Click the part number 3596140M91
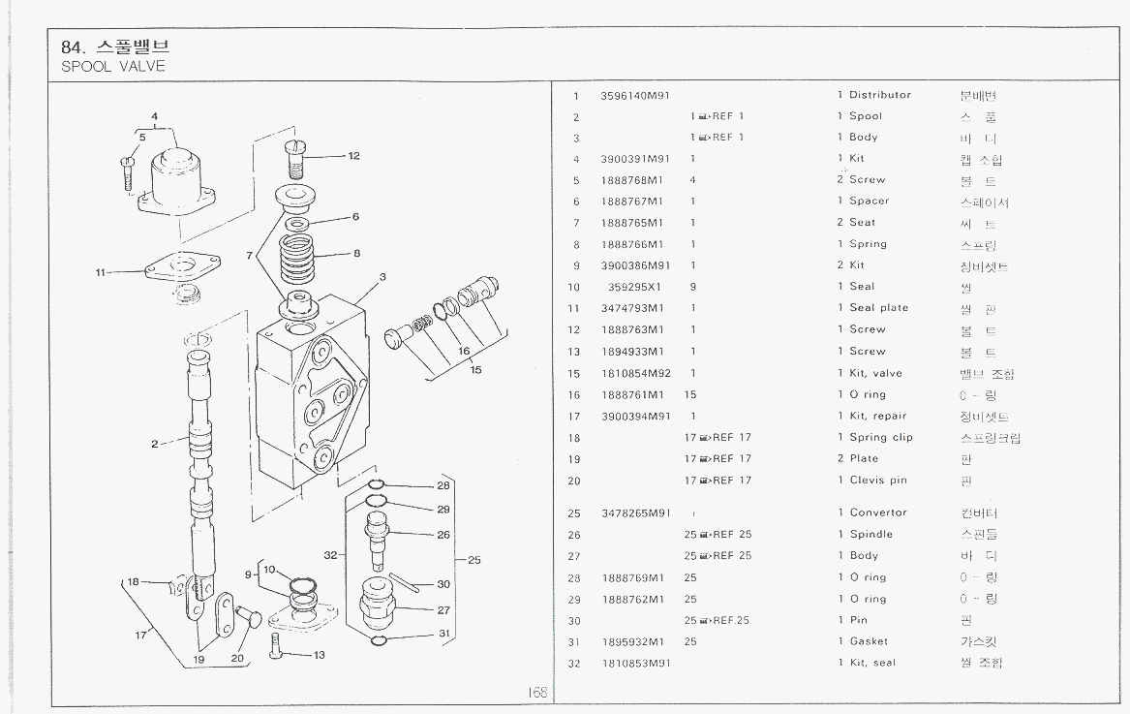635,95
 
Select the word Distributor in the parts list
880,95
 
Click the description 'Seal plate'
878,308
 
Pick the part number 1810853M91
635,663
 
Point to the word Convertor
878,512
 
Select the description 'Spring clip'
881,438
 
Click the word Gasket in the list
869,641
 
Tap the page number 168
537,692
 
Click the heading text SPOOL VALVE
113,67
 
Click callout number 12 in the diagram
353,155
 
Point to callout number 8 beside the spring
356,253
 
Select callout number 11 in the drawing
101,272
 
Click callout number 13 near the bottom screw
319,655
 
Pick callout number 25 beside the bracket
474,559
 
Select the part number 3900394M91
635,417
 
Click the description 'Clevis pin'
878,481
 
